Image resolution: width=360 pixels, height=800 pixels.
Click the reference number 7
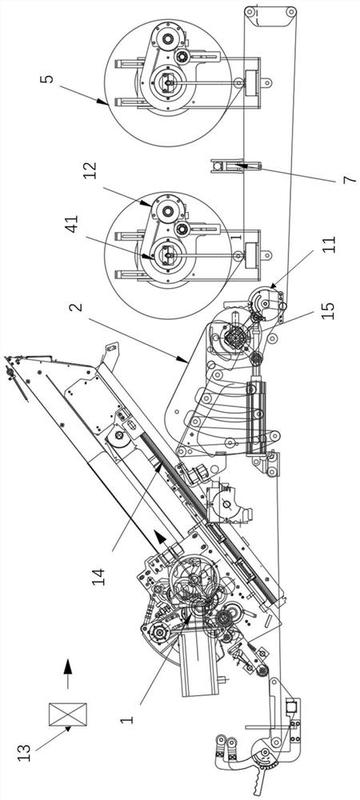click(351, 180)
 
